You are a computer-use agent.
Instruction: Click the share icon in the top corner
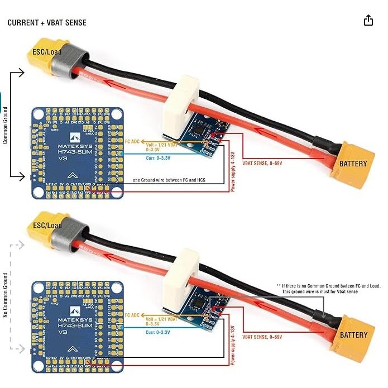click(x=368, y=21)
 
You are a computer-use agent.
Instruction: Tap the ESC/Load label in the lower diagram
click(x=47, y=225)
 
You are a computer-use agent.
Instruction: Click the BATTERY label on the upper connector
click(x=353, y=164)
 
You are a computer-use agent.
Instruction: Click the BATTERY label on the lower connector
click(x=353, y=335)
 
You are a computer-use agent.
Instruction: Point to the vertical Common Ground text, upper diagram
click(x=6, y=125)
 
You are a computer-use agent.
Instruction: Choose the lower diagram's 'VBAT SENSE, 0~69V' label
click(x=262, y=337)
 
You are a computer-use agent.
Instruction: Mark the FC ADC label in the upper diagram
click(x=133, y=142)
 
